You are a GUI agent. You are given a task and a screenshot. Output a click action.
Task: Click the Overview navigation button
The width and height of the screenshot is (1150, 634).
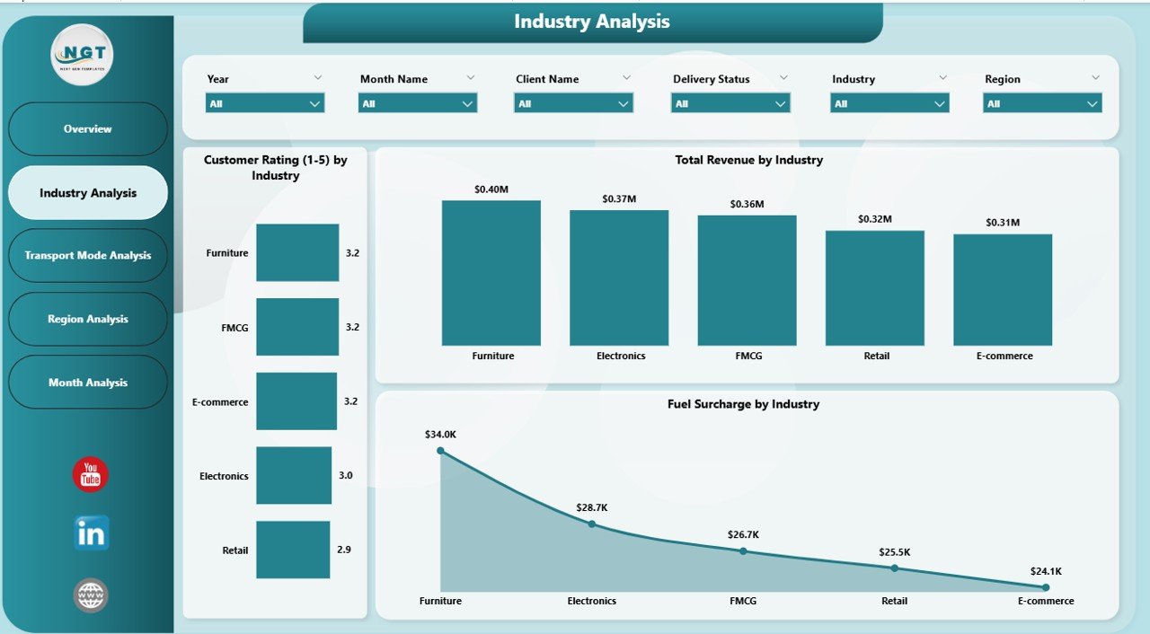[x=88, y=129]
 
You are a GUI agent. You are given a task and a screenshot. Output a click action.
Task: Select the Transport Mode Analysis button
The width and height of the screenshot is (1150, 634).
[x=88, y=256]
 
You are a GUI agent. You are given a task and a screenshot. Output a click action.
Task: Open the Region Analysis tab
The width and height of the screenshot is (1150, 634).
[x=88, y=319]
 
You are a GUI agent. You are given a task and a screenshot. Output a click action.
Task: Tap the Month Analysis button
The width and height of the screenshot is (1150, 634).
[x=88, y=383]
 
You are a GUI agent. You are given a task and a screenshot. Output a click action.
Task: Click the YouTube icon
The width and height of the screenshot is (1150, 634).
[x=91, y=475]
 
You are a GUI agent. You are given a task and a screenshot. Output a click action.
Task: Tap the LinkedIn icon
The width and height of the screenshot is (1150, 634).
[x=91, y=533]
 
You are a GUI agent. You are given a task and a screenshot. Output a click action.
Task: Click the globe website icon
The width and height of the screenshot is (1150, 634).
[x=91, y=594]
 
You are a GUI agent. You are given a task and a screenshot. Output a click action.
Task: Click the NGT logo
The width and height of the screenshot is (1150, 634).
[x=82, y=55]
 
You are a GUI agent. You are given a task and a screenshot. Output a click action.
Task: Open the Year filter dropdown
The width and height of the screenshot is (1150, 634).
[x=265, y=104]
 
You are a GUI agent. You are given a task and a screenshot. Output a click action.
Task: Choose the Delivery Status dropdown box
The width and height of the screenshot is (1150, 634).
[x=730, y=104]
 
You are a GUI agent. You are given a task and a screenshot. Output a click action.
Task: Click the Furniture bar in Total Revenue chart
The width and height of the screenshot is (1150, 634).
[x=491, y=273]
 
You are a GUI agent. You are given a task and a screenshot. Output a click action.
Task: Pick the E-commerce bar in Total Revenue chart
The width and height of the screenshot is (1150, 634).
[x=1003, y=290]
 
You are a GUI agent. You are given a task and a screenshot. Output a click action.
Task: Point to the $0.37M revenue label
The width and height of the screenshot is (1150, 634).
[x=619, y=198]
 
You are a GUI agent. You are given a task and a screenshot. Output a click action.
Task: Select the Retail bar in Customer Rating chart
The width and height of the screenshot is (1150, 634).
[x=293, y=550]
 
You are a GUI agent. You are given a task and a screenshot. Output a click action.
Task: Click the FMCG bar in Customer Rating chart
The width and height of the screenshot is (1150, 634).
[x=297, y=327]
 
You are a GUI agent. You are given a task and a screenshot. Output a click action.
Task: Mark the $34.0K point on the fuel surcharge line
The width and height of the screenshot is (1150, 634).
[x=440, y=451]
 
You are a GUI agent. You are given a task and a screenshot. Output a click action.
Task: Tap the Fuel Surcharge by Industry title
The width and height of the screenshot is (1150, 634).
[x=743, y=404]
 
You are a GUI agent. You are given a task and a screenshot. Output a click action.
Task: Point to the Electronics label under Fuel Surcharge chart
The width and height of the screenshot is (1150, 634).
[x=592, y=601]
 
